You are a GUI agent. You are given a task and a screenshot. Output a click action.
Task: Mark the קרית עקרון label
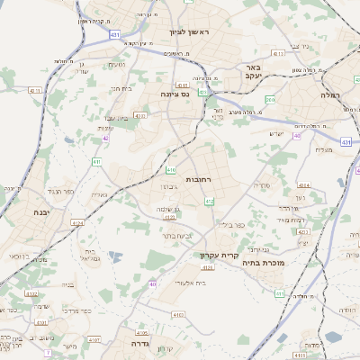pyautogui.click(x=219, y=256)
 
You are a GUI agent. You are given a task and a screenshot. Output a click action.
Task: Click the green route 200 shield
pyautogui.click(x=271, y=100)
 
